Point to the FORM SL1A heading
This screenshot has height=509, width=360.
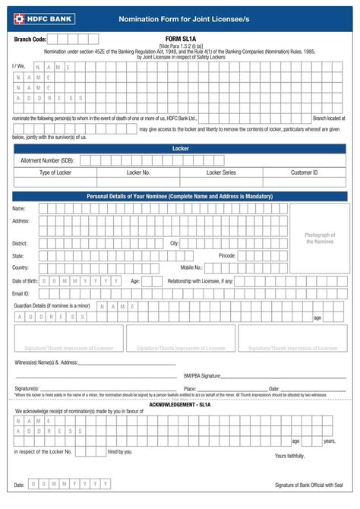tap(180, 37)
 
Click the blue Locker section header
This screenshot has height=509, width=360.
tap(180, 149)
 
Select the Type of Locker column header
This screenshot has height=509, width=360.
tap(55, 172)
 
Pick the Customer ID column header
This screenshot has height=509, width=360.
tap(304, 172)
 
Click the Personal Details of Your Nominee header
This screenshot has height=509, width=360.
tap(180, 197)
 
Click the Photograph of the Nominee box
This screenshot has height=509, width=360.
tap(319, 238)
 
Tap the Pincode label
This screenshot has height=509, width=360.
tap(227, 255)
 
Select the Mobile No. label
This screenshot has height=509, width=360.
tap(191, 267)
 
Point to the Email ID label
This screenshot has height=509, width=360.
tap(21, 292)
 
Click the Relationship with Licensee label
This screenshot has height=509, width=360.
tap(201, 280)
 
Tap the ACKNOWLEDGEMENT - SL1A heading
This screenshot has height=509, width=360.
tap(179, 405)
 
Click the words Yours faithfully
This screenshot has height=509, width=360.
tap(289, 456)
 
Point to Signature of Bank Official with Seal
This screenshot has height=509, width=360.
tap(309, 485)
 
